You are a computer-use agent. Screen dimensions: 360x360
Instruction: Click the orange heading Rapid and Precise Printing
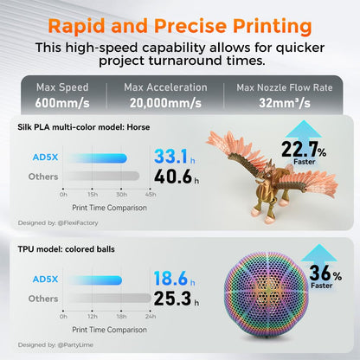coord(180,22)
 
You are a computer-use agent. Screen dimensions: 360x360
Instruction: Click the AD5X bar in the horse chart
coord(95,157)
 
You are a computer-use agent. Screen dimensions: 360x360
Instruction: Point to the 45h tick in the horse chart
coord(151,194)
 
